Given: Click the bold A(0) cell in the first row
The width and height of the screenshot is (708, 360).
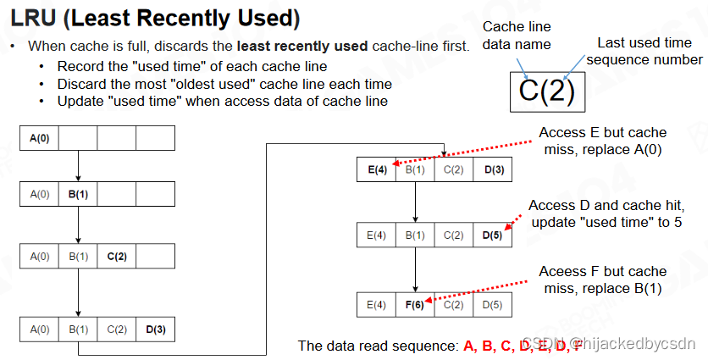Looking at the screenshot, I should [x=39, y=137].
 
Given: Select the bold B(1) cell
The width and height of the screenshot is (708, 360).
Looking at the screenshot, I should [x=78, y=194].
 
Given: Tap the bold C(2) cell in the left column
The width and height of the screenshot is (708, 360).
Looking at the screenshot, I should [x=117, y=255].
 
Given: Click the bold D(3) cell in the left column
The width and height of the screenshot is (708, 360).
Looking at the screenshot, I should [x=156, y=329].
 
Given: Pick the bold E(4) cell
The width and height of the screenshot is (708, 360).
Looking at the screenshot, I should [x=376, y=170].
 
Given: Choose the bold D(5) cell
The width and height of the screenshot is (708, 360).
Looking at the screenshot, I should [x=493, y=235].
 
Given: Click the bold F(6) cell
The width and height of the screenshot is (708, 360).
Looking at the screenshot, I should [x=415, y=304].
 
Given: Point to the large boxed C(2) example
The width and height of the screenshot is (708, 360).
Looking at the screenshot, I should [x=546, y=91].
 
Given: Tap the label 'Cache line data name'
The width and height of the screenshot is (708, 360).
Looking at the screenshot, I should [x=517, y=36].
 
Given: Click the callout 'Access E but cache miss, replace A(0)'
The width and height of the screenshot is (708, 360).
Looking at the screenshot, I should [x=602, y=141].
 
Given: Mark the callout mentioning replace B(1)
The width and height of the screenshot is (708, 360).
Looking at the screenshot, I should [x=602, y=280].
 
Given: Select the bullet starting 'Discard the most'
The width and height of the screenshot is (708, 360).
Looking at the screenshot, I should [x=224, y=84].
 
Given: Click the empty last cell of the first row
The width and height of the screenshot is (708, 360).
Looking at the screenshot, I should [x=156, y=137].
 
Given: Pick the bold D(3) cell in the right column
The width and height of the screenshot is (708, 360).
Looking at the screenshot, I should [x=493, y=170].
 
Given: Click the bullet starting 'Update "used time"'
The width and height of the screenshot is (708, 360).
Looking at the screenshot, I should [x=222, y=101].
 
